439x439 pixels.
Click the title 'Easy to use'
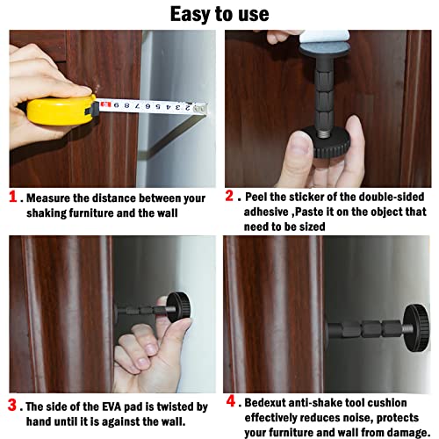tap(219, 14)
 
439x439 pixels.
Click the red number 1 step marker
tap(13, 198)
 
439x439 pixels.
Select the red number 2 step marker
tap(230, 197)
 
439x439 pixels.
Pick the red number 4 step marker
tap(230, 402)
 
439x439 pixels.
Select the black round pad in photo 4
tap(416, 326)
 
